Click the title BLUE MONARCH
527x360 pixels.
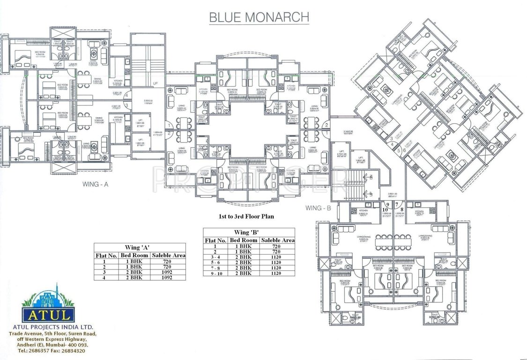(259, 17)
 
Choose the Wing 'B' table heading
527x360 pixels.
(249, 232)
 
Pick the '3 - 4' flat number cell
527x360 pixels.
(215, 257)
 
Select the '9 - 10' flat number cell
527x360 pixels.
(215, 273)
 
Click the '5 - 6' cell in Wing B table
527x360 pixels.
(215, 262)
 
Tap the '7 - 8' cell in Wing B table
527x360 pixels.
(215, 268)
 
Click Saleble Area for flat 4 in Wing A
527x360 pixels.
(167, 277)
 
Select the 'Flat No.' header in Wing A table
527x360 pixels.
(106, 255)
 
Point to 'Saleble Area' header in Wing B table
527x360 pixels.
(278, 240)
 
